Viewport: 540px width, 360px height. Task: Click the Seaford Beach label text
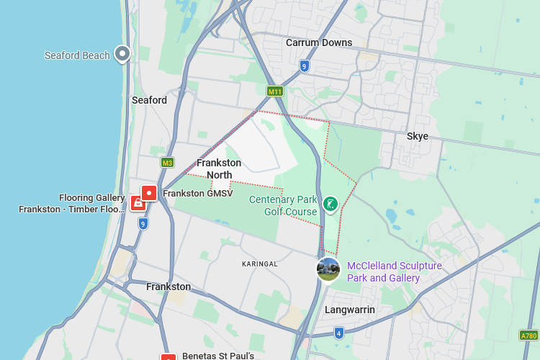point(77,55)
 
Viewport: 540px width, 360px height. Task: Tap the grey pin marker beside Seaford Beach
point(123,53)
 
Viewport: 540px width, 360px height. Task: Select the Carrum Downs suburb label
point(319,42)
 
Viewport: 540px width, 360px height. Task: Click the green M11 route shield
point(274,91)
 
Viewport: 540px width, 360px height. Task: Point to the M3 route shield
point(167,163)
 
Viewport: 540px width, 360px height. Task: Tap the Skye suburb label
point(417,136)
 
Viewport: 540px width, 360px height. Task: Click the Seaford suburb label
point(149,100)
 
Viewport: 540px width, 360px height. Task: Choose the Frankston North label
point(219,168)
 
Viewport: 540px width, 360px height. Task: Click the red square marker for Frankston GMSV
point(149,193)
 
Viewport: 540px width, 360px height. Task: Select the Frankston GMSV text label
point(198,194)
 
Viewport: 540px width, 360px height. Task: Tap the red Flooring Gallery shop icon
point(138,203)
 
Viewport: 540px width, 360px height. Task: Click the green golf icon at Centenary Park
point(330,204)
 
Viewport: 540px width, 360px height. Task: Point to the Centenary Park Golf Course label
point(283,205)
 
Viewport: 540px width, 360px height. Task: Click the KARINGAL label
point(260,264)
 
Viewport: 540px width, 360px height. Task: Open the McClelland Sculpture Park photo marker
point(328,269)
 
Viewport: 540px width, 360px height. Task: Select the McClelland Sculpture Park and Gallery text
point(394,272)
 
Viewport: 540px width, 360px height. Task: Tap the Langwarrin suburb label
point(350,310)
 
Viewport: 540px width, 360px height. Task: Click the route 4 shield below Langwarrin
point(338,333)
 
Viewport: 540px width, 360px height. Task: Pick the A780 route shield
point(528,336)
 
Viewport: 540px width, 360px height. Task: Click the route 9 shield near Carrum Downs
point(305,66)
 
